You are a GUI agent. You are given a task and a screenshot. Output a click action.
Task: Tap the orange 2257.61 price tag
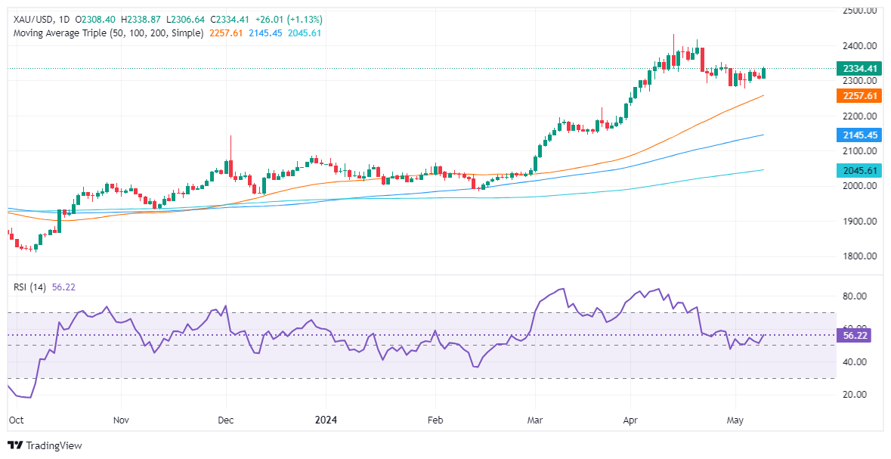click(x=859, y=96)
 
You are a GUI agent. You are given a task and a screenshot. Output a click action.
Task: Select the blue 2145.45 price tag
click(x=859, y=135)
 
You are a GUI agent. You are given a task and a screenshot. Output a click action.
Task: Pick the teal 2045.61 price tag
click(x=859, y=171)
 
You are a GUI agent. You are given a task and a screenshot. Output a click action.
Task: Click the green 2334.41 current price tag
click(x=859, y=69)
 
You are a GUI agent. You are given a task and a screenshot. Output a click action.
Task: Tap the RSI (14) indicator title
click(x=28, y=287)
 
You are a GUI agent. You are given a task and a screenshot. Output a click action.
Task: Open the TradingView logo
click(x=45, y=445)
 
